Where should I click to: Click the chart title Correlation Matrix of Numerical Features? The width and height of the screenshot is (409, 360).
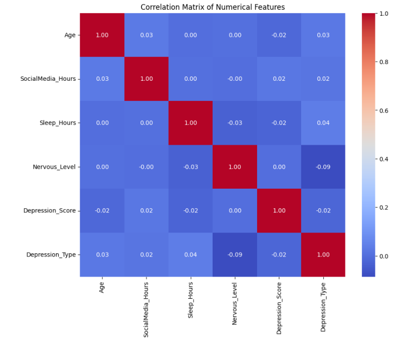[212, 7]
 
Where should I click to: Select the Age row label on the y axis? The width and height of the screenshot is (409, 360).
[70, 35]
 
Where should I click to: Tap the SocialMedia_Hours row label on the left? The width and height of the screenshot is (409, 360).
[48, 79]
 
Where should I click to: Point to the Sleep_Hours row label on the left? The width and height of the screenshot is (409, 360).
[57, 123]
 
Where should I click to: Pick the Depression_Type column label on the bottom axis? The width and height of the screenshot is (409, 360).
[323, 307]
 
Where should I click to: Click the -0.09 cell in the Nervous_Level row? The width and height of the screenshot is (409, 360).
[323, 166]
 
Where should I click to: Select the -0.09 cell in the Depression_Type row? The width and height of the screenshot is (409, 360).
[235, 255]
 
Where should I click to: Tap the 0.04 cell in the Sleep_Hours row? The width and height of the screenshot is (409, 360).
[323, 123]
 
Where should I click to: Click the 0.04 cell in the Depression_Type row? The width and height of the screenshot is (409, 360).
[190, 255]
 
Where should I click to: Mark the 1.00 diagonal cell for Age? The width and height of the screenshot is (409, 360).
[102, 35]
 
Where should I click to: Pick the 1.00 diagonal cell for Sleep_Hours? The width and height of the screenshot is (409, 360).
[190, 123]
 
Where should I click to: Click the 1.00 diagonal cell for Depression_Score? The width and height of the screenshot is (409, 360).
[279, 210]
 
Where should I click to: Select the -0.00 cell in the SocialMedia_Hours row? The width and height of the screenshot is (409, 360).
[235, 79]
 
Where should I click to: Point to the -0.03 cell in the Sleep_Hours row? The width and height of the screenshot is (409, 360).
[235, 123]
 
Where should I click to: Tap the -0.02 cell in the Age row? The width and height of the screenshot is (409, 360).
[279, 35]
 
